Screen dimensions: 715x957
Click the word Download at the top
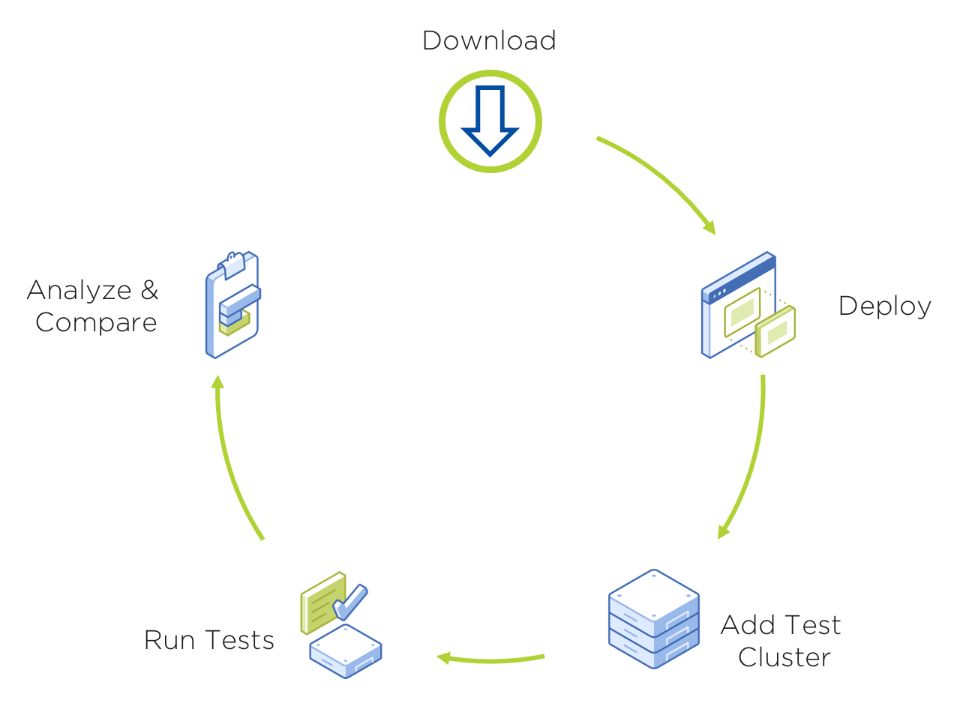(x=489, y=40)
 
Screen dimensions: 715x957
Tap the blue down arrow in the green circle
(x=490, y=121)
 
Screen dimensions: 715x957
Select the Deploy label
(x=884, y=306)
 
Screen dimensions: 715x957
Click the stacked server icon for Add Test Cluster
(x=653, y=619)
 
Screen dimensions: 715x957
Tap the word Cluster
(x=784, y=657)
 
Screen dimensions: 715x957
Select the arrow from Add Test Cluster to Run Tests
(x=491, y=660)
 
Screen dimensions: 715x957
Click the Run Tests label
(x=208, y=640)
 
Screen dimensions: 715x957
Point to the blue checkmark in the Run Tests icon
(x=350, y=601)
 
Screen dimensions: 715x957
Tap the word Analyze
(x=79, y=290)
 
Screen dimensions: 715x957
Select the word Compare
(x=96, y=322)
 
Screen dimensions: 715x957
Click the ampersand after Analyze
(x=149, y=290)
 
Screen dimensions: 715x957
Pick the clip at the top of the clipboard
(x=232, y=263)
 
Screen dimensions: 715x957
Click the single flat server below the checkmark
(x=346, y=651)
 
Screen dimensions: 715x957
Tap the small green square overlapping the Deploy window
(x=775, y=331)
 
